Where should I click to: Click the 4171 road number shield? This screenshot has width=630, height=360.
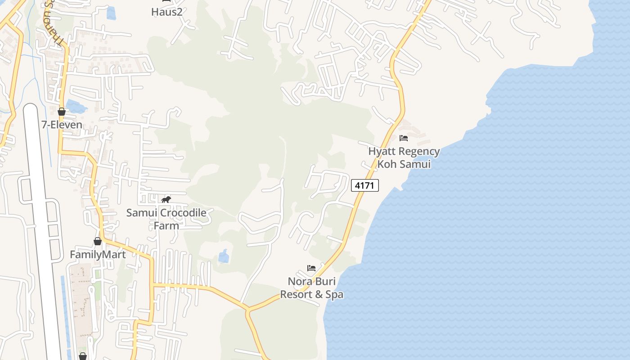pyautogui.click(x=365, y=185)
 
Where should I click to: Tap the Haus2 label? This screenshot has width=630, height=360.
pyautogui.click(x=166, y=12)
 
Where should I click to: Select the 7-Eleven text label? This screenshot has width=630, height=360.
pyautogui.click(x=62, y=125)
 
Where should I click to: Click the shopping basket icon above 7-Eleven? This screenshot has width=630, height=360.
pyautogui.click(x=62, y=112)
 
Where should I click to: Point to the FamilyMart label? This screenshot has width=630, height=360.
pyautogui.click(x=98, y=254)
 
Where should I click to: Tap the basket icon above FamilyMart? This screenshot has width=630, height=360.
pyautogui.click(x=98, y=241)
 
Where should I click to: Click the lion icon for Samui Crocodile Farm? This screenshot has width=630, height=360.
pyautogui.click(x=166, y=199)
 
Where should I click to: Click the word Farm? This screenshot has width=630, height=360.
pyautogui.click(x=166, y=225)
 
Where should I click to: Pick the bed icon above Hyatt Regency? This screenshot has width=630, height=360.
pyautogui.click(x=404, y=138)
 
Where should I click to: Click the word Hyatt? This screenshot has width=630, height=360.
pyautogui.click(x=382, y=151)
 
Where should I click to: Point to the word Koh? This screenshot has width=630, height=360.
pyautogui.click(x=387, y=164)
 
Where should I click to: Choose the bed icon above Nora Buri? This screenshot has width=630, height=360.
pyautogui.click(x=311, y=268)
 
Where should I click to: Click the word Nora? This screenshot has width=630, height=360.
pyautogui.click(x=300, y=281)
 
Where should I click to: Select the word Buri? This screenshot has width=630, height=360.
pyautogui.click(x=325, y=281)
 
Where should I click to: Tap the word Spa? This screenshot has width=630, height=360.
pyautogui.click(x=334, y=294)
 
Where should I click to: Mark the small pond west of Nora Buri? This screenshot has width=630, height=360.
pyautogui.click(x=223, y=256)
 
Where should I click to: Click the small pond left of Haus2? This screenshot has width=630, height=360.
pyautogui.click(x=111, y=13)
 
